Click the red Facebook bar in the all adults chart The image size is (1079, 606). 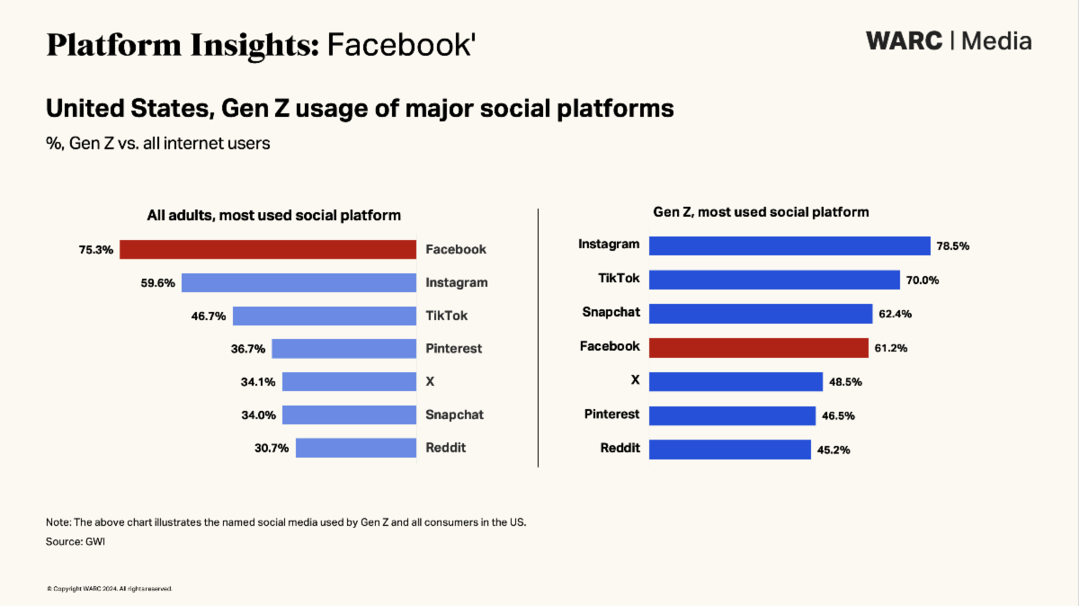(x=267, y=249)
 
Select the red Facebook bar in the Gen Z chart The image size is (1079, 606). (x=758, y=347)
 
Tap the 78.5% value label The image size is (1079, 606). (x=954, y=246)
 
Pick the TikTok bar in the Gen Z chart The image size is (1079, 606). (x=773, y=280)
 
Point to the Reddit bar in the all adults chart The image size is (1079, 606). (x=355, y=448)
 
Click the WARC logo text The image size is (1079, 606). (x=905, y=40)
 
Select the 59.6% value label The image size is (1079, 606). (x=157, y=282)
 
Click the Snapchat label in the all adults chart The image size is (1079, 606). (x=454, y=414)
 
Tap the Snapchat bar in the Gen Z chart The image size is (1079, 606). (x=760, y=313)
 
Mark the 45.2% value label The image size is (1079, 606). (x=832, y=450)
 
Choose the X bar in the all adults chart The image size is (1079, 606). (x=349, y=381)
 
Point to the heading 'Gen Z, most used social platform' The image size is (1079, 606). (x=761, y=212)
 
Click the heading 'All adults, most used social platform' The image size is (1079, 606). (x=273, y=215)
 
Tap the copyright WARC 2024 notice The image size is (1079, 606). (x=109, y=588)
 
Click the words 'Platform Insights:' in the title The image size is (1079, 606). (x=183, y=43)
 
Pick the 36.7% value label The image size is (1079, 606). (x=247, y=349)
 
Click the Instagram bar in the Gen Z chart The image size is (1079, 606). (x=789, y=246)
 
